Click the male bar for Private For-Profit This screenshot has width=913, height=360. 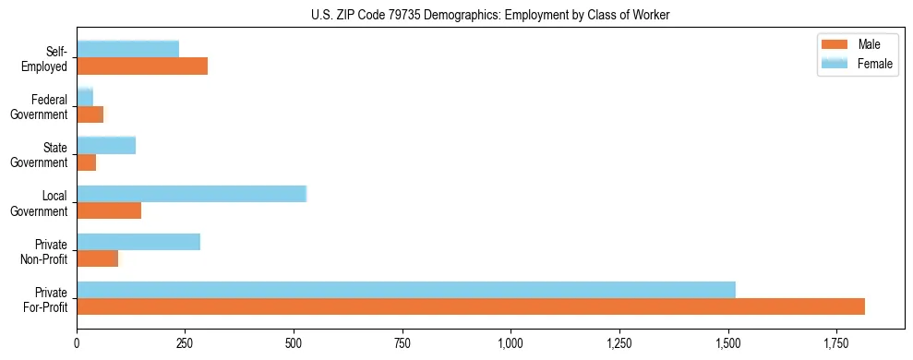pyautogui.click(x=471, y=306)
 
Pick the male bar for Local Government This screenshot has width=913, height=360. pyautogui.click(x=109, y=210)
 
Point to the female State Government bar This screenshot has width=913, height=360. pyautogui.click(x=106, y=145)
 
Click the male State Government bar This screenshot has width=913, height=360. pyautogui.click(x=87, y=162)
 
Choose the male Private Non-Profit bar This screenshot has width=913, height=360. pyautogui.click(x=98, y=258)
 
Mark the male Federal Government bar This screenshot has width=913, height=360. pyautogui.click(x=90, y=114)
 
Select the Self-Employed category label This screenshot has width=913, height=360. pyautogui.click(x=47, y=58)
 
